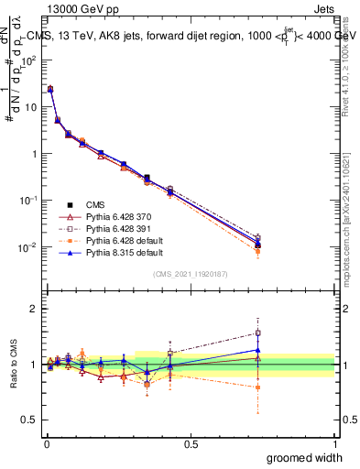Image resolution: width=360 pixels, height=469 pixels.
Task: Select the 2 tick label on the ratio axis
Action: pos(35,309)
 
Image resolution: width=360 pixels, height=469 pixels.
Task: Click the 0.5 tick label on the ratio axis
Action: pos(30,420)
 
